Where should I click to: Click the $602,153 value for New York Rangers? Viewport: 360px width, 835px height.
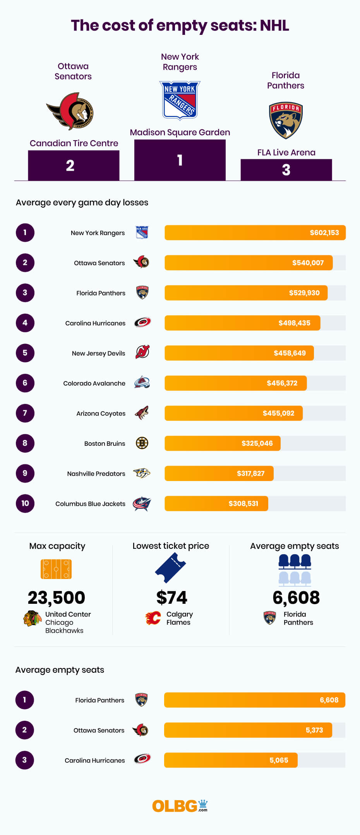[324, 233]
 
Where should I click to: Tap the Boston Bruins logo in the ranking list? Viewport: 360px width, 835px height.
[142, 443]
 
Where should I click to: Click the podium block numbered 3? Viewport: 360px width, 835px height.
[286, 170]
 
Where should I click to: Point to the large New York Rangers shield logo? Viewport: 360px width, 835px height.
[180, 100]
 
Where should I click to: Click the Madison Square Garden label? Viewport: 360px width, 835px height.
[180, 132]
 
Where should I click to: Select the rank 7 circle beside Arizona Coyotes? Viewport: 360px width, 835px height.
[25, 413]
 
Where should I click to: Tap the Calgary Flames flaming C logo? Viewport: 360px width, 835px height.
[153, 618]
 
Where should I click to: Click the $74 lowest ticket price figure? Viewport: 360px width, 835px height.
[171, 598]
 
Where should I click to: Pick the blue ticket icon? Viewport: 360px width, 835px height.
[171, 568]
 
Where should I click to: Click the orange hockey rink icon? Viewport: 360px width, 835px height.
[56, 569]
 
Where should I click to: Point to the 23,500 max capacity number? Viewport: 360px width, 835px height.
[57, 598]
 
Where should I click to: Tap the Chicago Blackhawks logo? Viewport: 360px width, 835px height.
[33, 619]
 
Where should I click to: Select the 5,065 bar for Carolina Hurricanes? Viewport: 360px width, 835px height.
[231, 760]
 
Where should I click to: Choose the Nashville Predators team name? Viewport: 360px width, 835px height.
[96, 474]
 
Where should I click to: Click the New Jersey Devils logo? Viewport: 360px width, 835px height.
[142, 352]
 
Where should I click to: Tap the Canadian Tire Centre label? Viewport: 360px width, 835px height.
[74, 143]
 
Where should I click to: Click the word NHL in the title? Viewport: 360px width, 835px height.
[274, 26]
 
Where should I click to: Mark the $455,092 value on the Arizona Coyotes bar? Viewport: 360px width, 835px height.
[278, 413]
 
